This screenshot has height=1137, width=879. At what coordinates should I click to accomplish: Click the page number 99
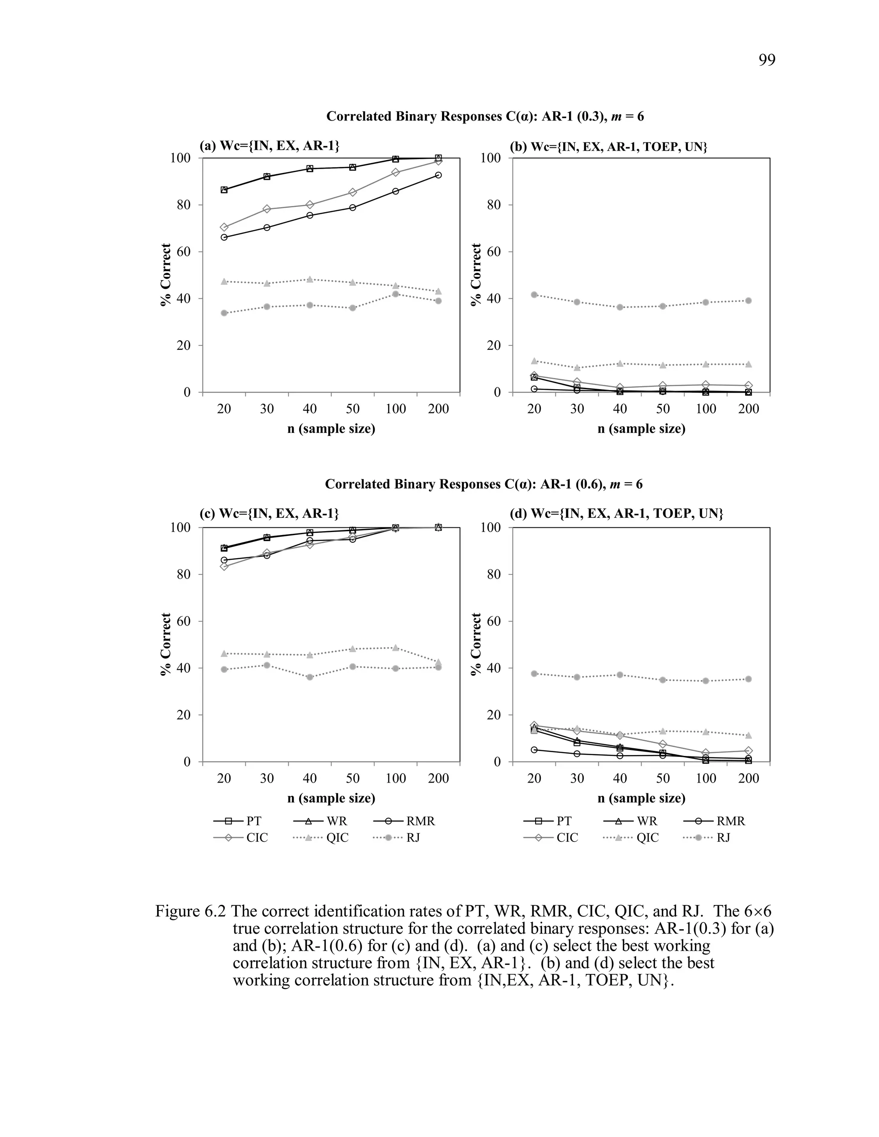pyautogui.click(x=767, y=60)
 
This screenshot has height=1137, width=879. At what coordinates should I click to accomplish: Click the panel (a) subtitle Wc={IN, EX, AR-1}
pyautogui.click(x=269, y=146)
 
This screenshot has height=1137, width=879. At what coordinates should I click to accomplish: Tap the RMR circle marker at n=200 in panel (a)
pyautogui.click(x=439, y=175)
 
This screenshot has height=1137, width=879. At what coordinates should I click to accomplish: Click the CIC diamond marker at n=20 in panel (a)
pyautogui.click(x=224, y=227)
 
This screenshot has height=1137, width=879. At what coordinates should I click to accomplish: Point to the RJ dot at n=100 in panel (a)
pyautogui.click(x=396, y=294)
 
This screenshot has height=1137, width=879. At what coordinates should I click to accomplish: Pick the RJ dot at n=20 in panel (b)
pyautogui.click(x=534, y=295)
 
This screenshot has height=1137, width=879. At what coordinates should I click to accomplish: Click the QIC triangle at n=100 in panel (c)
pyautogui.click(x=396, y=647)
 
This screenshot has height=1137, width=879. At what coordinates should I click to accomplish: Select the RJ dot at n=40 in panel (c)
pyautogui.click(x=310, y=677)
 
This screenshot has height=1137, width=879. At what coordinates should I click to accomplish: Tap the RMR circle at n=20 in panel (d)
pyautogui.click(x=534, y=750)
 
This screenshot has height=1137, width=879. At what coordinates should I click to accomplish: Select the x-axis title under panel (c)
pyautogui.click(x=331, y=798)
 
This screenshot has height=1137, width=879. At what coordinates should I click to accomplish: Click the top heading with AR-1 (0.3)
pyautogui.click(x=485, y=116)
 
